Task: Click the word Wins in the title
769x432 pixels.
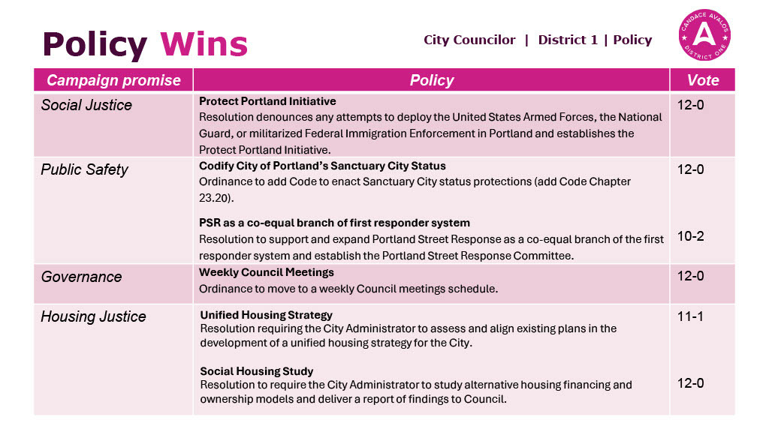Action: pyautogui.click(x=204, y=44)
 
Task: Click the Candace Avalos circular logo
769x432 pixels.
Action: pyautogui.click(x=704, y=35)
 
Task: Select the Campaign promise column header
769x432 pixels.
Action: pyautogui.click(x=113, y=80)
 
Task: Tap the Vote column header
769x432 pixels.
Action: pyautogui.click(x=703, y=80)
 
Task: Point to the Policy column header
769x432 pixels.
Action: pyautogui.click(x=432, y=80)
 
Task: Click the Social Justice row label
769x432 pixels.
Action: pyautogui.click(x=86, y=105)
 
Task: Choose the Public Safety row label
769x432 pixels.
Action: pyautogui.click(x=84, y=169)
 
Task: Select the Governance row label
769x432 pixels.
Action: pyautogui.click(x=81, y=277)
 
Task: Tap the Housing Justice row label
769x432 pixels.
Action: pyautogui.click(x=93, y=316)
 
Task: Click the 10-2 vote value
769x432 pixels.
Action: pyautogui.click(x=691, y=236)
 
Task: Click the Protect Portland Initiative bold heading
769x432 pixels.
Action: pyautogui.click(x=267, y=101)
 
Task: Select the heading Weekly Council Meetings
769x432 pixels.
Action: pyautogui.click(x=267, y=272)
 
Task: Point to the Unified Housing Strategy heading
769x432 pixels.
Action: pyautogui.click(x=266, y=315)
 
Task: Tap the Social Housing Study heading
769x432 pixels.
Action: pyautogui.click(x=257, y=371)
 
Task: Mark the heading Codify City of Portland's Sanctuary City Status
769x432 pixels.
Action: pyautogui.click(x=322, y=166)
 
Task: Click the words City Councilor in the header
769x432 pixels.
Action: pyautogui.click(x=469, y=40)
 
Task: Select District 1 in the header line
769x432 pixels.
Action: pyautogui.click(x=568, y=40)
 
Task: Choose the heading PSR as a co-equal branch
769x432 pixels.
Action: pyautogui.click(x=334, y=223)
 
